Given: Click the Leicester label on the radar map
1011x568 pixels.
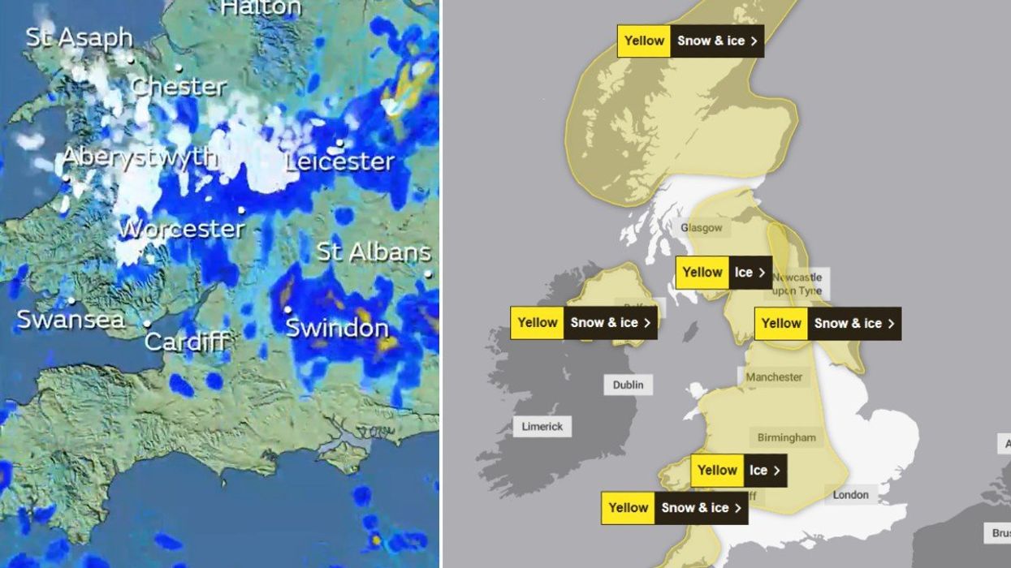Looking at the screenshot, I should pyautogui.click(x=339, y=161).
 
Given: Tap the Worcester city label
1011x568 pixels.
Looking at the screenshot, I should pyautogui.click(x=181, y=229).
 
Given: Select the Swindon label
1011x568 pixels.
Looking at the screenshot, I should pyautogui.click(x=337, y=328).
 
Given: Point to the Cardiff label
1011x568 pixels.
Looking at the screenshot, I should pyautogui.click(x=186, y=341).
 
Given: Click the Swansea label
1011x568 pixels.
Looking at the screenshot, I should pyautogui.click(x=71, y=320).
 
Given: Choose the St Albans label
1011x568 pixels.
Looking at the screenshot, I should pyautogui.click(x=374, y=252).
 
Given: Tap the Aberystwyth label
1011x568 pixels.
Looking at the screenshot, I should pyautogui.click(x=140, y=157).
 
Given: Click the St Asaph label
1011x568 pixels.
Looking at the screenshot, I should pyautogui.click(x=79, y=37).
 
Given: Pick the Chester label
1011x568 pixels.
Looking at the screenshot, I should pyautogui.click(x=179, y=86).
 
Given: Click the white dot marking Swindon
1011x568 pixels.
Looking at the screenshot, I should pyautogui.click(x=287, y=309).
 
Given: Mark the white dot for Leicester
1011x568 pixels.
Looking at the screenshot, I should pyautogui.click(x=339, y=144).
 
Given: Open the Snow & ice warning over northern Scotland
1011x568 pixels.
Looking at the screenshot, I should pyautogui.click(x=690, y=41).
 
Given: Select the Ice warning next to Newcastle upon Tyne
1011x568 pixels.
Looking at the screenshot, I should pyautogui.click(x=724, y=273).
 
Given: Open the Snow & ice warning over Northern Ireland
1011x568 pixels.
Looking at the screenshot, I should pyautogui.click(x=583, y=323).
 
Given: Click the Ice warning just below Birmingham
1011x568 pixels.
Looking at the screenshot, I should pyautogui.click(x=738, y=471).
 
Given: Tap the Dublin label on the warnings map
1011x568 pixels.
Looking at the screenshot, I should pyautogui.click(x=628, y=385).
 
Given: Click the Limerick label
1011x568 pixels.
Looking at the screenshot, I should pyautogui.click(x=542, y=426).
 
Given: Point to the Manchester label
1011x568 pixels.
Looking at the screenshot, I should pyautogui.click(x=774, y=377).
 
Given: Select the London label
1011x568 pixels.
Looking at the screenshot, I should pyautogui.click(x=850, y=494).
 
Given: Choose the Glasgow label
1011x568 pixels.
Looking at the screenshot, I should pyautogui.click(x=701, y=228).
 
